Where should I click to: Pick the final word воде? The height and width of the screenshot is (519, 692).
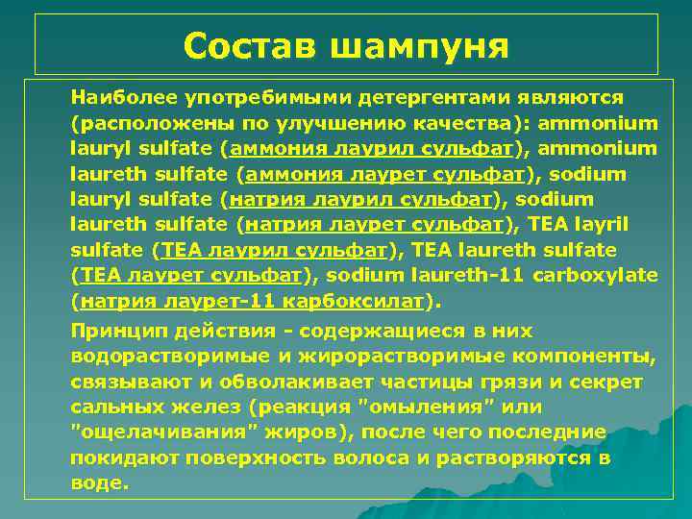(x=98, y=482)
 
